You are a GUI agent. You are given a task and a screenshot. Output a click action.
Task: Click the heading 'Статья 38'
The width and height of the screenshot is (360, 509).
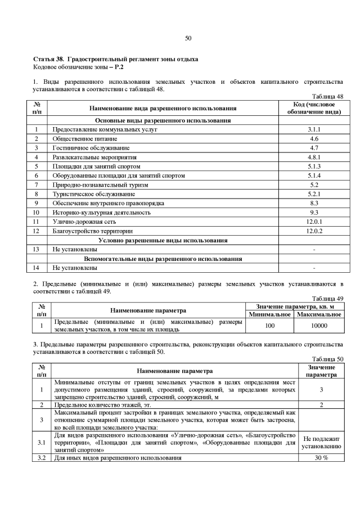(50, 59)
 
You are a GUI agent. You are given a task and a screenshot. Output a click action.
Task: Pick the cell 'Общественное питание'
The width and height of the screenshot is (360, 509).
(85, 138)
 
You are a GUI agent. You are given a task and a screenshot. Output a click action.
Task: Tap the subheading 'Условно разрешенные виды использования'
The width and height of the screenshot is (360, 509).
(163, 240)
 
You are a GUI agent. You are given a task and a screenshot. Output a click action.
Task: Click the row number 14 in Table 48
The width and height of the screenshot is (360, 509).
(36, 267)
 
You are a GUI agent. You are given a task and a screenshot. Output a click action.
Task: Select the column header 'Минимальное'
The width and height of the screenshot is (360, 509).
(270, 314)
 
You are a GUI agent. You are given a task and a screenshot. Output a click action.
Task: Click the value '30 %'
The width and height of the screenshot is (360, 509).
(321, 458)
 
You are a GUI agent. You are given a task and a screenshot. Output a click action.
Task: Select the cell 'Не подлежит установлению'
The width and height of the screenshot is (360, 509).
(321, 444)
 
